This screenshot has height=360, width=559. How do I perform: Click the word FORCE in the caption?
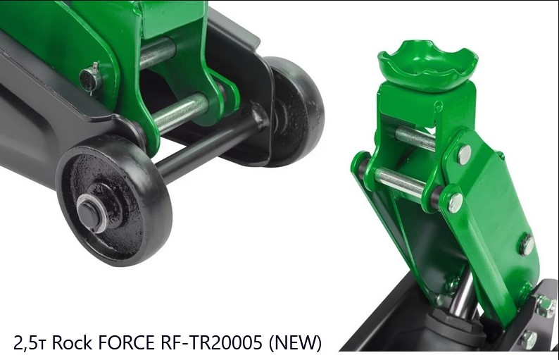click(x=127, y=343)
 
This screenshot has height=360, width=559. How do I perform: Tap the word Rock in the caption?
click(x=73, y=343)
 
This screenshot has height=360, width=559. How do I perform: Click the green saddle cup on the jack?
click(x=428, y=65)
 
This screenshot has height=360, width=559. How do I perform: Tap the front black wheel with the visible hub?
click(x=114, y=200)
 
